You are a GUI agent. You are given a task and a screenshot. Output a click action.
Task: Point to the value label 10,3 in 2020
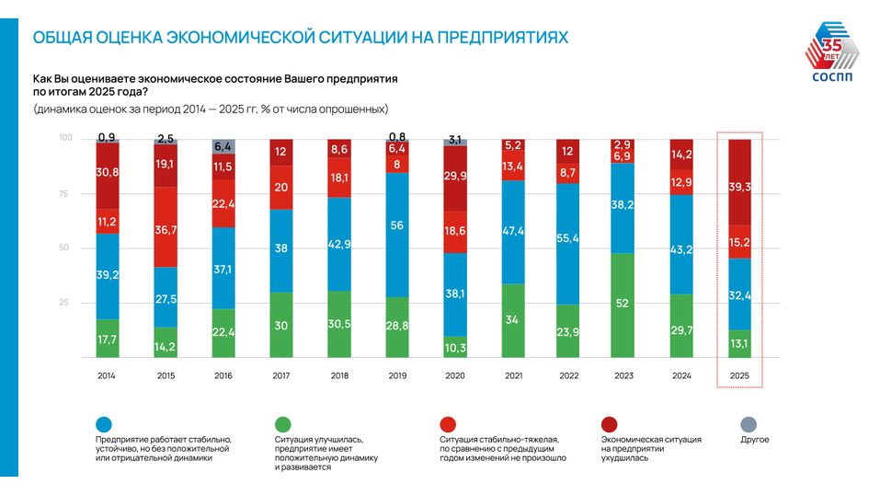tap(454, 348)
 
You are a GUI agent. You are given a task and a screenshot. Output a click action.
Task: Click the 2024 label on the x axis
tap(682, 375)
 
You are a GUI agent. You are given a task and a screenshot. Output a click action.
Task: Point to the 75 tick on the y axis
tap(65, 193)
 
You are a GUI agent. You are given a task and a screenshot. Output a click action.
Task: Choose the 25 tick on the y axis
tap(65, 303)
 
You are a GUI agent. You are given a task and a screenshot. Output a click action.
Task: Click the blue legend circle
tap(104, 424)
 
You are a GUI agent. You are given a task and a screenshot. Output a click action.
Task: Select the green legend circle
tap(283, 424)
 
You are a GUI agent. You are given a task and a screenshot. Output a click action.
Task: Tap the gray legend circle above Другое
tap(749, 424)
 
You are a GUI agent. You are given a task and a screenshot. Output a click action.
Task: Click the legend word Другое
tap(755, 440)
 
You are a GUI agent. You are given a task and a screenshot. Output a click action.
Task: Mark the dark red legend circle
tap(610, 424)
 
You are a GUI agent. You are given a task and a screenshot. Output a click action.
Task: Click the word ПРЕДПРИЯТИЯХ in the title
tap(502, 38)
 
